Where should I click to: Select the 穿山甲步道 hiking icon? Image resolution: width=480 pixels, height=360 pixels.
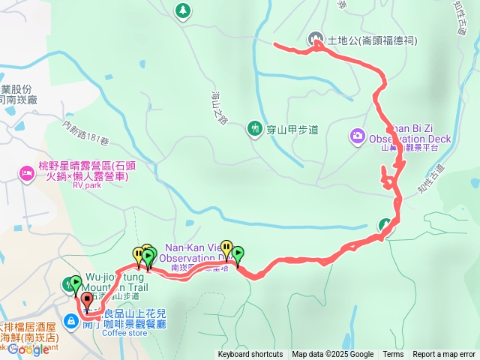point(255,129)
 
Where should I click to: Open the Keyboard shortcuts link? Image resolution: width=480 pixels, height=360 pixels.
point(250,355)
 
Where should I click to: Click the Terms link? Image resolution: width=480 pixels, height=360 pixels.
point(393,355)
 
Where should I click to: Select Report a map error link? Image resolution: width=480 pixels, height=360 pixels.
point(444,355)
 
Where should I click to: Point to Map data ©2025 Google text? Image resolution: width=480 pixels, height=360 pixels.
point(332,355)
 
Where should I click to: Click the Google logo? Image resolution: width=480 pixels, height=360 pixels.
point(28,349)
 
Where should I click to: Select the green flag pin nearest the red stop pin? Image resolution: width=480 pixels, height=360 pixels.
point(74,283)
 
